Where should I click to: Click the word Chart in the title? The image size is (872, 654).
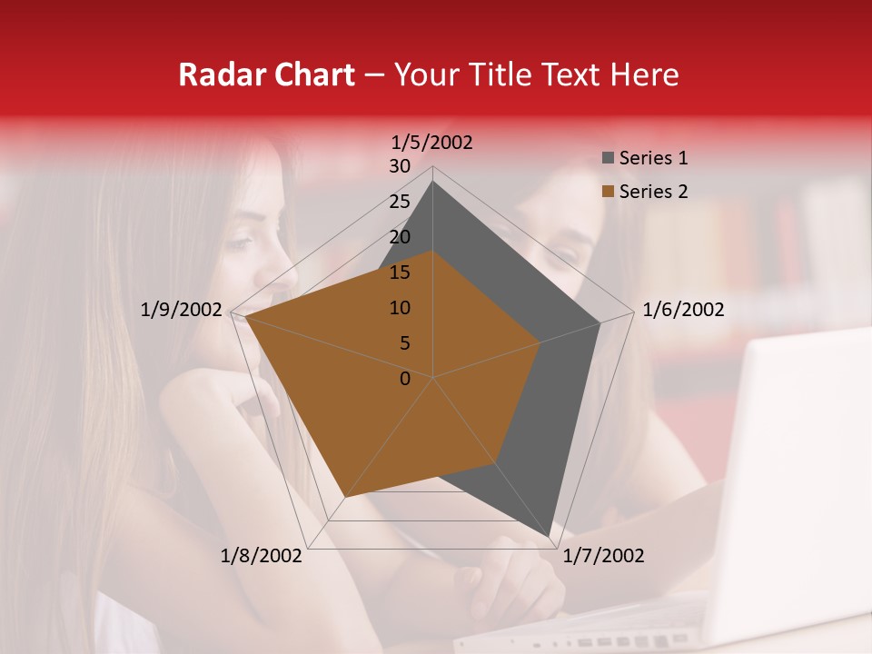pyautogui.click(x=310, y=74)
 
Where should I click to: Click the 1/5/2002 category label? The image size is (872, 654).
pyautogui.click(x=432, y=142)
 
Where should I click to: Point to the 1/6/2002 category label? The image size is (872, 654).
pyautogui.click(x=683, y=310)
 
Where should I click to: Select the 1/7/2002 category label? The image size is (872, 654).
pyautogui.click(x=603, y=556)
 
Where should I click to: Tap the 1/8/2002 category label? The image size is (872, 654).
pyautogui.click(x=262, y=556)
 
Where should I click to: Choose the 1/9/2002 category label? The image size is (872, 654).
pyautogui.click(x=182, y=310)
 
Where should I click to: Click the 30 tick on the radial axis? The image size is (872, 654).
pyautogui.click(x=400, y=166)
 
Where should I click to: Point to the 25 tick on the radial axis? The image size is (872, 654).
pyautogui.click(x=400, y=202)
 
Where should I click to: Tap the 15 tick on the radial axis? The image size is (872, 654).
pyautogui.click(x=400, y=272)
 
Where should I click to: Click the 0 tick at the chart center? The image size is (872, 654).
pyautogui.click(x=405, y=379)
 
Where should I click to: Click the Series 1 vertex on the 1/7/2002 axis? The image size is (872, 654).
pyautogui.click(x=550, y=536)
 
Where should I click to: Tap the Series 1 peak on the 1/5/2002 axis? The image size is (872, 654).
pyautogui.click(x=432, y=182)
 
